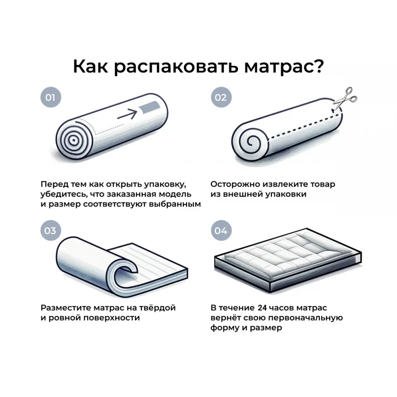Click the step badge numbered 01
(x=51, y=97)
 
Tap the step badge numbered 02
(x=221, y=97)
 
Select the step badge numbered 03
(x=51, y=230)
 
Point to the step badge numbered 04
(x=221, y=230)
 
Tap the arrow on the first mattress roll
(x=127, y=114)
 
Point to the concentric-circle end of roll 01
(x=73, y=139)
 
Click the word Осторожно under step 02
(x=235, y=184)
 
